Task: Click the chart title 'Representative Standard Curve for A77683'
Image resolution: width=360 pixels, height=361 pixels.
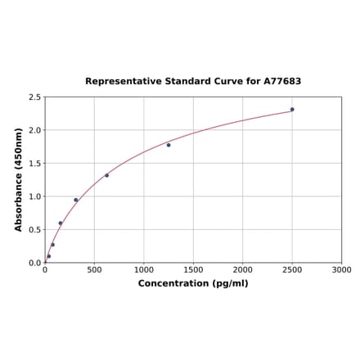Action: (x=193, y=82)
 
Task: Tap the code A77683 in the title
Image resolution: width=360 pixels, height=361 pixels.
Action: (x=282, y=82)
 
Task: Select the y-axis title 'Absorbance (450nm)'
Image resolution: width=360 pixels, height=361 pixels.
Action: (x=19, y=179)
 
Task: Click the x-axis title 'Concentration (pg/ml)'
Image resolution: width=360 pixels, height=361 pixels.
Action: (x=193, y=283)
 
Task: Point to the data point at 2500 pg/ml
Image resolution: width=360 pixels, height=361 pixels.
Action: (x=292, y=109)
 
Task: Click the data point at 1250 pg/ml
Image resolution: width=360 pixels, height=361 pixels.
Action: (x=169, y=145)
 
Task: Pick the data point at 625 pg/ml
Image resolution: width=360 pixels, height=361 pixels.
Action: (x=106, y=175)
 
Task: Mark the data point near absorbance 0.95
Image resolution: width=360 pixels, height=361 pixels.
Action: (x=76, y=200)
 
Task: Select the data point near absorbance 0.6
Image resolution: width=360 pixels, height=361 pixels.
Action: (x=60, y=223)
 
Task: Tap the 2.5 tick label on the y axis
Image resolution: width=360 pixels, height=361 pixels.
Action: (x=35, y=97)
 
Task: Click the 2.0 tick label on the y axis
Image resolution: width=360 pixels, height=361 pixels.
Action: (x=35, y=130)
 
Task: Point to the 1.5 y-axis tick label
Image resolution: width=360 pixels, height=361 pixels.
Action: (x=35, y=164)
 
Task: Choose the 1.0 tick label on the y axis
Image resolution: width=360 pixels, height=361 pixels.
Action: (x=35, y=196)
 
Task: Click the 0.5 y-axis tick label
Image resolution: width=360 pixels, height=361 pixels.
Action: (x=35, y=230)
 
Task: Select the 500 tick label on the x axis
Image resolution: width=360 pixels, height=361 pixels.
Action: (x=94, y=269)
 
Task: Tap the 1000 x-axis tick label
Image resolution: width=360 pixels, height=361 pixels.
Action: (x=144, y=269)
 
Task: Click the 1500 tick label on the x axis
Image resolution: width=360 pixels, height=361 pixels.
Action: (x=193, y=269)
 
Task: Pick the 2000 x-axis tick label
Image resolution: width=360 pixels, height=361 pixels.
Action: (x=243, y=269)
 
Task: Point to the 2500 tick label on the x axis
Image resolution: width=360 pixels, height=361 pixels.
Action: (x=292, y=269)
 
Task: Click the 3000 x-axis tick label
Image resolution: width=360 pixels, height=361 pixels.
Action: (x=342, y=269)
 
